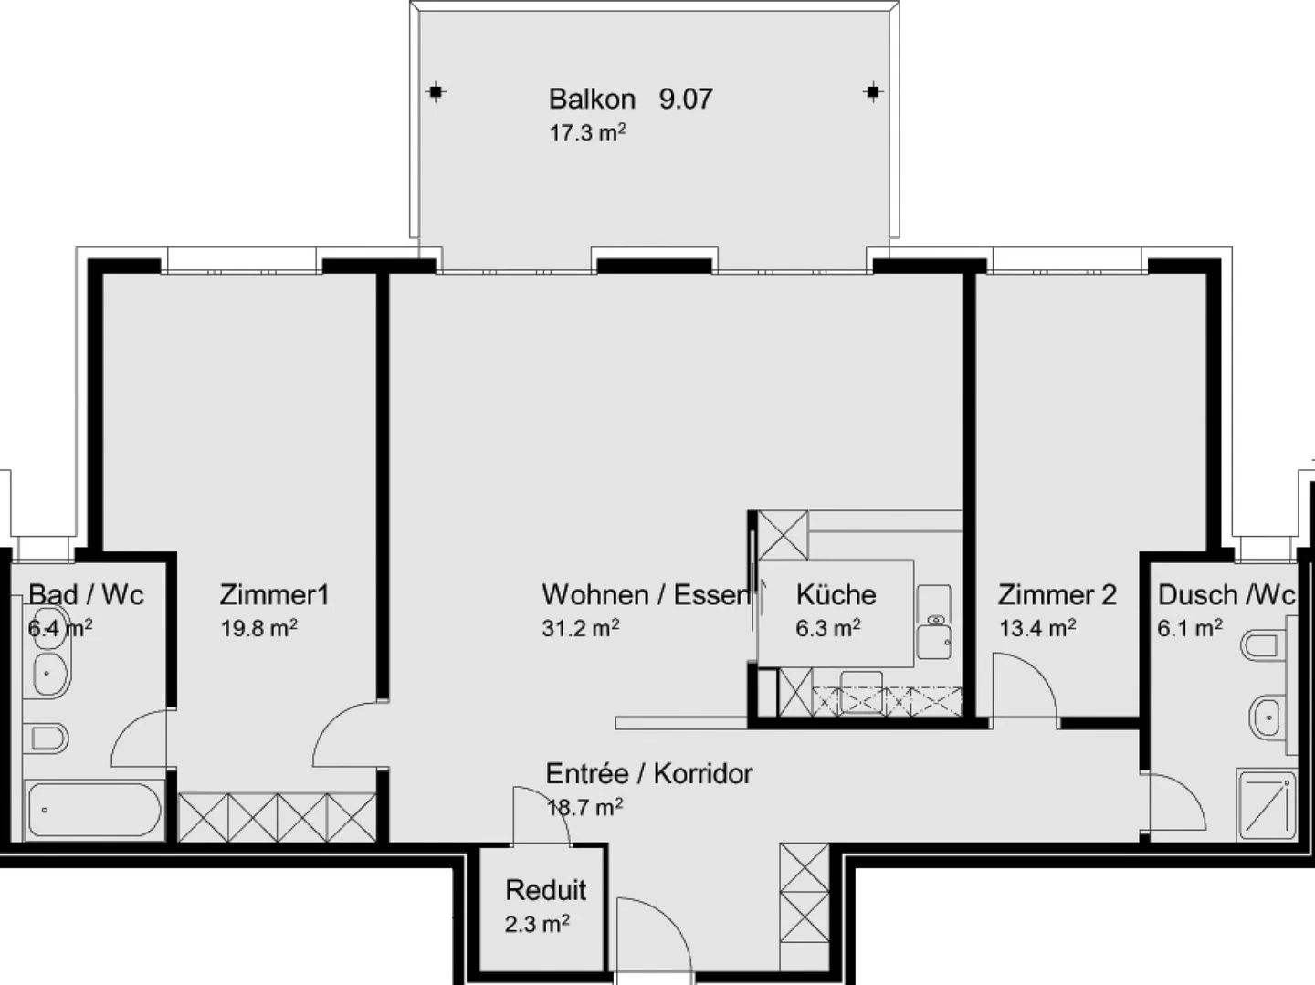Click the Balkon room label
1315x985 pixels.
pyautogui.click(x=592, y=99)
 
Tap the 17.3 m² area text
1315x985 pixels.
pyautogui.click(x=586, y=132)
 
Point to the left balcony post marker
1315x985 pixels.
pyautogui.click(x=437, y=91)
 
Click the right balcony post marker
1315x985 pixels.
pyautogui.click(x=873, y=91)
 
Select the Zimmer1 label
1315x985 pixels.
pyautogui.click(x=274, y=595)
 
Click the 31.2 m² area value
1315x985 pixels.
pyautogui.click(x=581, y=628)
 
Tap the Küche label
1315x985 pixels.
pyautogui.click(x=836, y=595)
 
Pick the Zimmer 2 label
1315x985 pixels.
pyautogui.click(x=1057, y=595)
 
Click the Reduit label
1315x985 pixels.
pyautogui.click(x=545, y=890)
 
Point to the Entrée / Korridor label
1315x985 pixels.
pyautogui.click(x=649, y=774)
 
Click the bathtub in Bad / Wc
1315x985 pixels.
pyautogui.click(x=94, y=810)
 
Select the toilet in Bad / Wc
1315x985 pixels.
pyautogui.click(x=46, y=738)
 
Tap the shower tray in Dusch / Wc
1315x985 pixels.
pyautogui.click(x=1266, y=803)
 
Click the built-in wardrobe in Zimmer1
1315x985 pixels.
pyautogui.click(x=277, y=817)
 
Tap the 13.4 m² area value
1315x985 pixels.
pyautogui.click(x=1036, y=628)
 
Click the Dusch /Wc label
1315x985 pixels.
pyautogui.click(x=1226, y=595)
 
